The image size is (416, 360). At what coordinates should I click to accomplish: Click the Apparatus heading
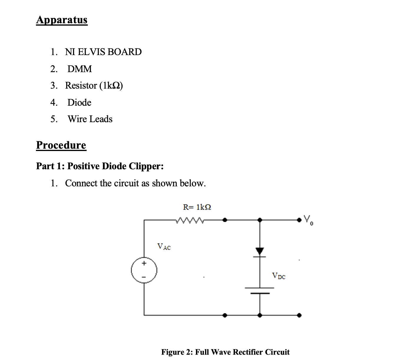(62, 20)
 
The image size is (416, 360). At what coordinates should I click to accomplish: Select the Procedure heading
(61, 145)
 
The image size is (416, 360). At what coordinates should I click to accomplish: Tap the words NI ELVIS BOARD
(103, 52)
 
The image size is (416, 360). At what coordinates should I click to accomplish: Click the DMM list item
(80, 69)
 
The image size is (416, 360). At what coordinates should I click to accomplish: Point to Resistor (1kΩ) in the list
(94, 86)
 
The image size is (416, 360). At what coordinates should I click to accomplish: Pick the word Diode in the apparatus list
(79, 102)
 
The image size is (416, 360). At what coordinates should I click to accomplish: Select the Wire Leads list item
(90, 119)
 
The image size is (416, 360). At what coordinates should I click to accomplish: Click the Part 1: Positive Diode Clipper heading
(100, 166)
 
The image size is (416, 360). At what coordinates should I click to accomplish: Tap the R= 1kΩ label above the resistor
(197, 207)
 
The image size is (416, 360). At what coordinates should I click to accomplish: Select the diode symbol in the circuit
(260, 252)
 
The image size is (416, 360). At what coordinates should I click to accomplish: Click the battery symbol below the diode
(260, 290)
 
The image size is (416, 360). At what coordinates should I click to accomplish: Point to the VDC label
(279, 276)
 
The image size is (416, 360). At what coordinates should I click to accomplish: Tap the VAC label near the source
(164, 247)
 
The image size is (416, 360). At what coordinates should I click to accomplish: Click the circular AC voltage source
(144, 270)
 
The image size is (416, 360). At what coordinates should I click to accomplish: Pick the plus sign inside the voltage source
(144, 263)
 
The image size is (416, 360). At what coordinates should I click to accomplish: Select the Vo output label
(308, 220)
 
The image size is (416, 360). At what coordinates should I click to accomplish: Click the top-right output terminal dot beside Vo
(299, 220)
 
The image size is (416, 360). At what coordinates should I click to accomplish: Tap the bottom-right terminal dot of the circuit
(299, 315)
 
